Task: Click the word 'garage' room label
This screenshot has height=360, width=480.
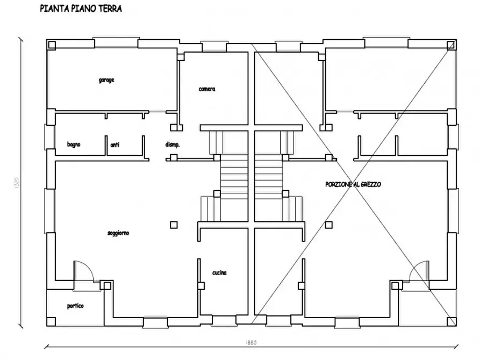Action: pos(106,80)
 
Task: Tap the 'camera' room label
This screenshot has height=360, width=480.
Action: pos(207,89)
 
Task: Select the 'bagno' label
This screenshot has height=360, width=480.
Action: pos(74,145)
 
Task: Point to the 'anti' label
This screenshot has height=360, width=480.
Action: pos(114,145)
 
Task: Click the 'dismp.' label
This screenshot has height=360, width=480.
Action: pos(172,145)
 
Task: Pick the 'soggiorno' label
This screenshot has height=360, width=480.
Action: pos(118,233)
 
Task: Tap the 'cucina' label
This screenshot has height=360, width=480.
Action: pos(219,273)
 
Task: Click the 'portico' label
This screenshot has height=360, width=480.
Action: pos(75,306)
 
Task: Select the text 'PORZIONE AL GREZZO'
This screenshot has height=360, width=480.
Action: pos(353,184)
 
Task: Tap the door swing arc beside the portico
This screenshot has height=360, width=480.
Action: pos(83,269)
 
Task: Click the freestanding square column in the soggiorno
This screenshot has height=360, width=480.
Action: pos(173,225)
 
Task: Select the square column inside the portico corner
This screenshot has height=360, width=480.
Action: pos(51,321)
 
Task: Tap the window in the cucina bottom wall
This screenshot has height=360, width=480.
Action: pos(221,321)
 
